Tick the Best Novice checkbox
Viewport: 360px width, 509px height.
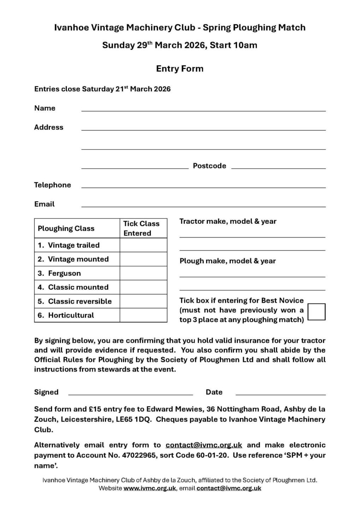tap(316, 311)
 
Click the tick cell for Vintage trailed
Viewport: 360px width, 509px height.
tap(143, 245)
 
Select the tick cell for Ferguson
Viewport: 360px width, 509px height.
tap(143, 273)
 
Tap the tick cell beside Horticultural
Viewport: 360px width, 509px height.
tap(143, 315)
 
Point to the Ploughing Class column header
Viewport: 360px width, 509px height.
tap(66, 228)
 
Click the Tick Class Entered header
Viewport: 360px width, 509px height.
tap(141, 228)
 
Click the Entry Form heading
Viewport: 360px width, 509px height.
tap(180, 69)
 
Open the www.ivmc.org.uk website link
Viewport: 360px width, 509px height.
tap(149, 488)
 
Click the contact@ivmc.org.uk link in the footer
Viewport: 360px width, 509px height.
tap(229, 488)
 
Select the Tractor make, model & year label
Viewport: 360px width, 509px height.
tap(228, 221)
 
